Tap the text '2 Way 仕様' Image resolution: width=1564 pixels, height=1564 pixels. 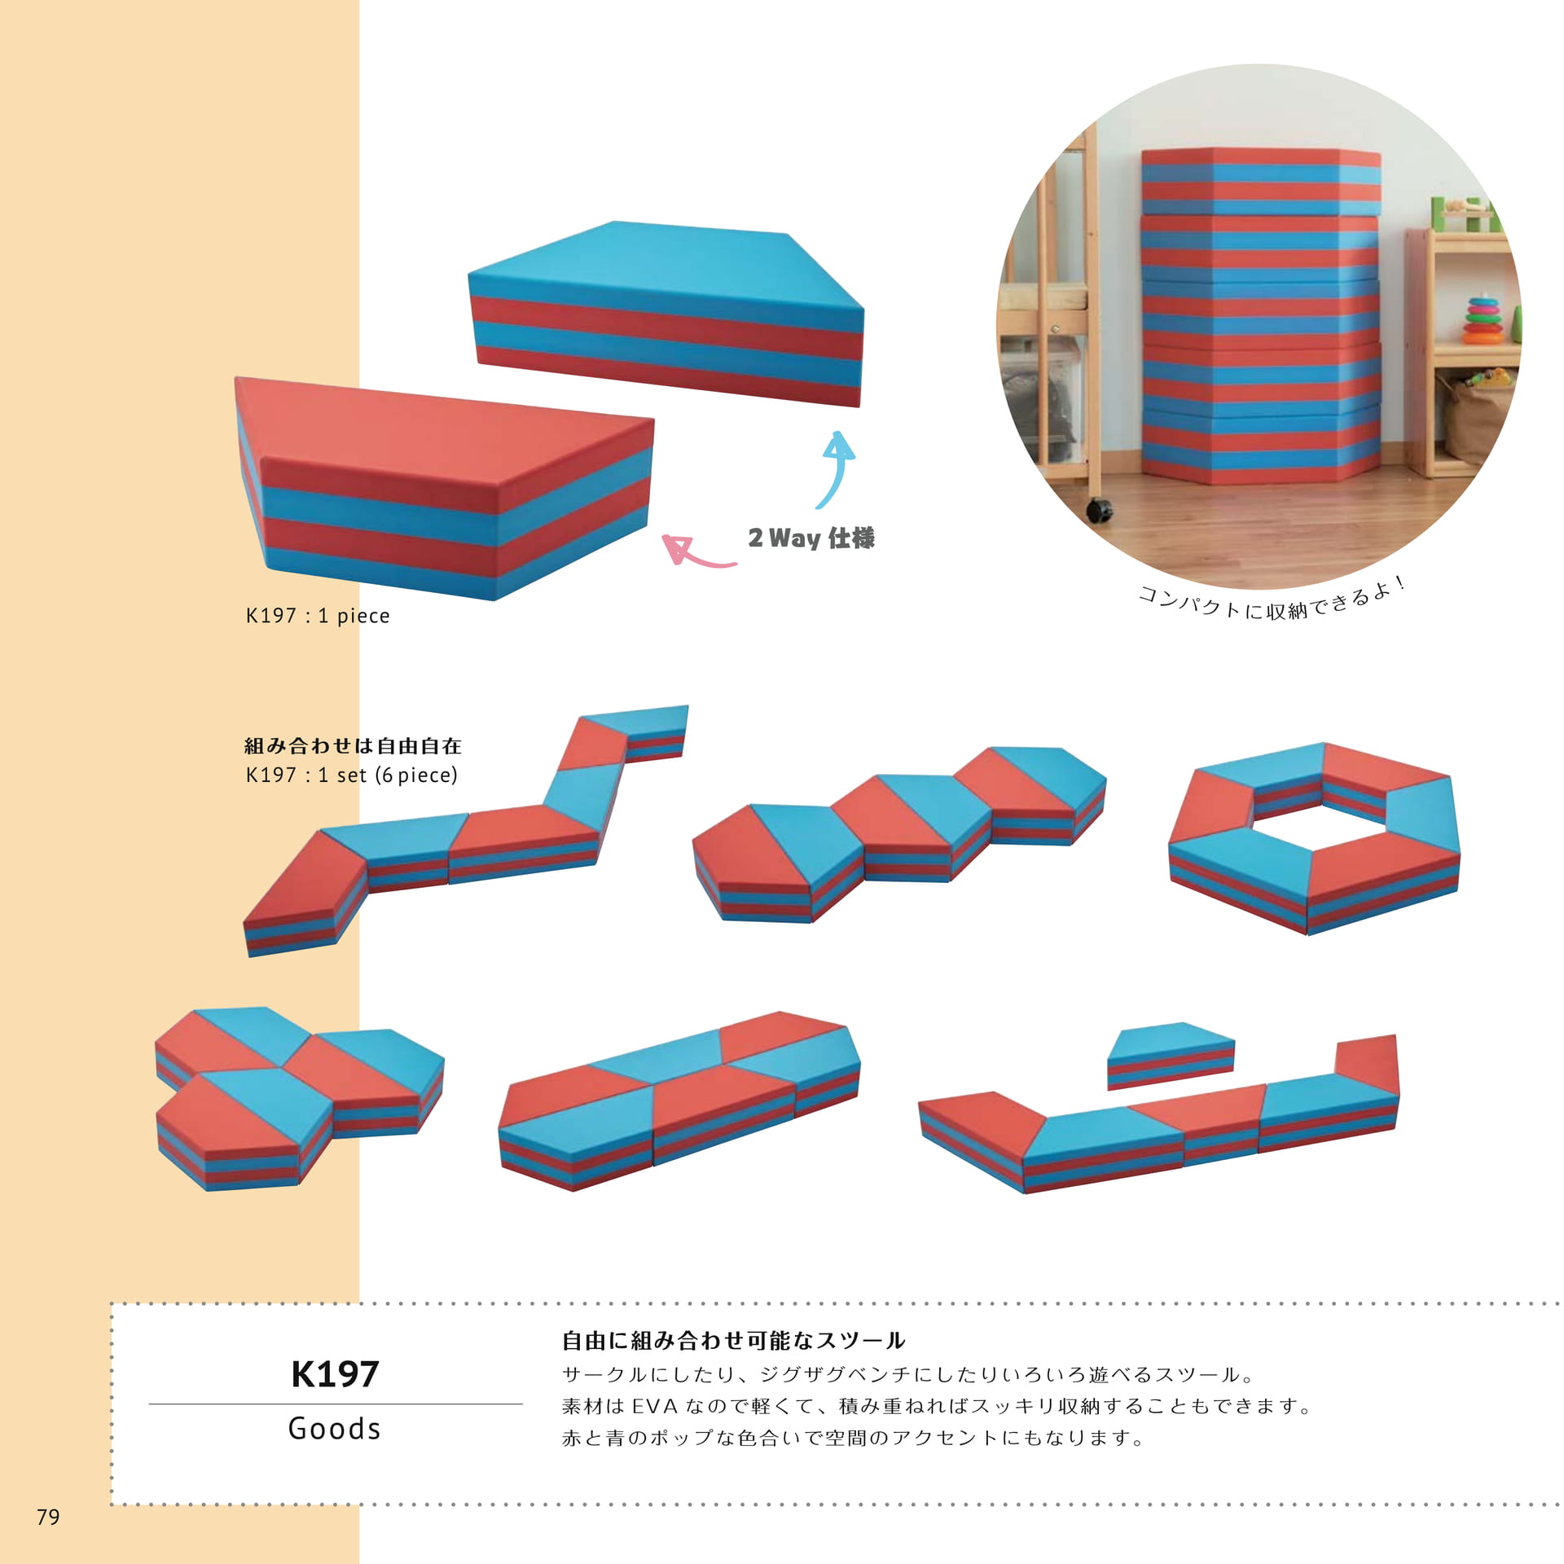tap(811, 538)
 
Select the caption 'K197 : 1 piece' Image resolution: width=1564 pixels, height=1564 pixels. tap(318, 616)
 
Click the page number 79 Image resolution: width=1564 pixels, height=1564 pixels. tap(48, 1517)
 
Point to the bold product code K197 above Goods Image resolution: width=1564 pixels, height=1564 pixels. tap(335, 1374)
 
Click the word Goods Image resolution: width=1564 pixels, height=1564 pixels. tap(335, 1429)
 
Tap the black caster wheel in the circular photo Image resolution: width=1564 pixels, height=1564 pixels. tap(1099, 511)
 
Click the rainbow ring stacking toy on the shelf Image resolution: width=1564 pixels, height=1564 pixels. tap(1483, 319)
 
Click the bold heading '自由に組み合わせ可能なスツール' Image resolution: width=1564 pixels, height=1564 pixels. tap(733, 1342)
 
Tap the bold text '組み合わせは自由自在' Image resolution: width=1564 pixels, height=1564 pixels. tap(353, 745)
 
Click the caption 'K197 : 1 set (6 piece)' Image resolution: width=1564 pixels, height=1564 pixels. tap(352, 775)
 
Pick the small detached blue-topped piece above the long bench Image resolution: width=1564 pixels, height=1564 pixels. tap(1171, 1054)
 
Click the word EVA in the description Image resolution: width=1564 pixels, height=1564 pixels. tap(655, 1407)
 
